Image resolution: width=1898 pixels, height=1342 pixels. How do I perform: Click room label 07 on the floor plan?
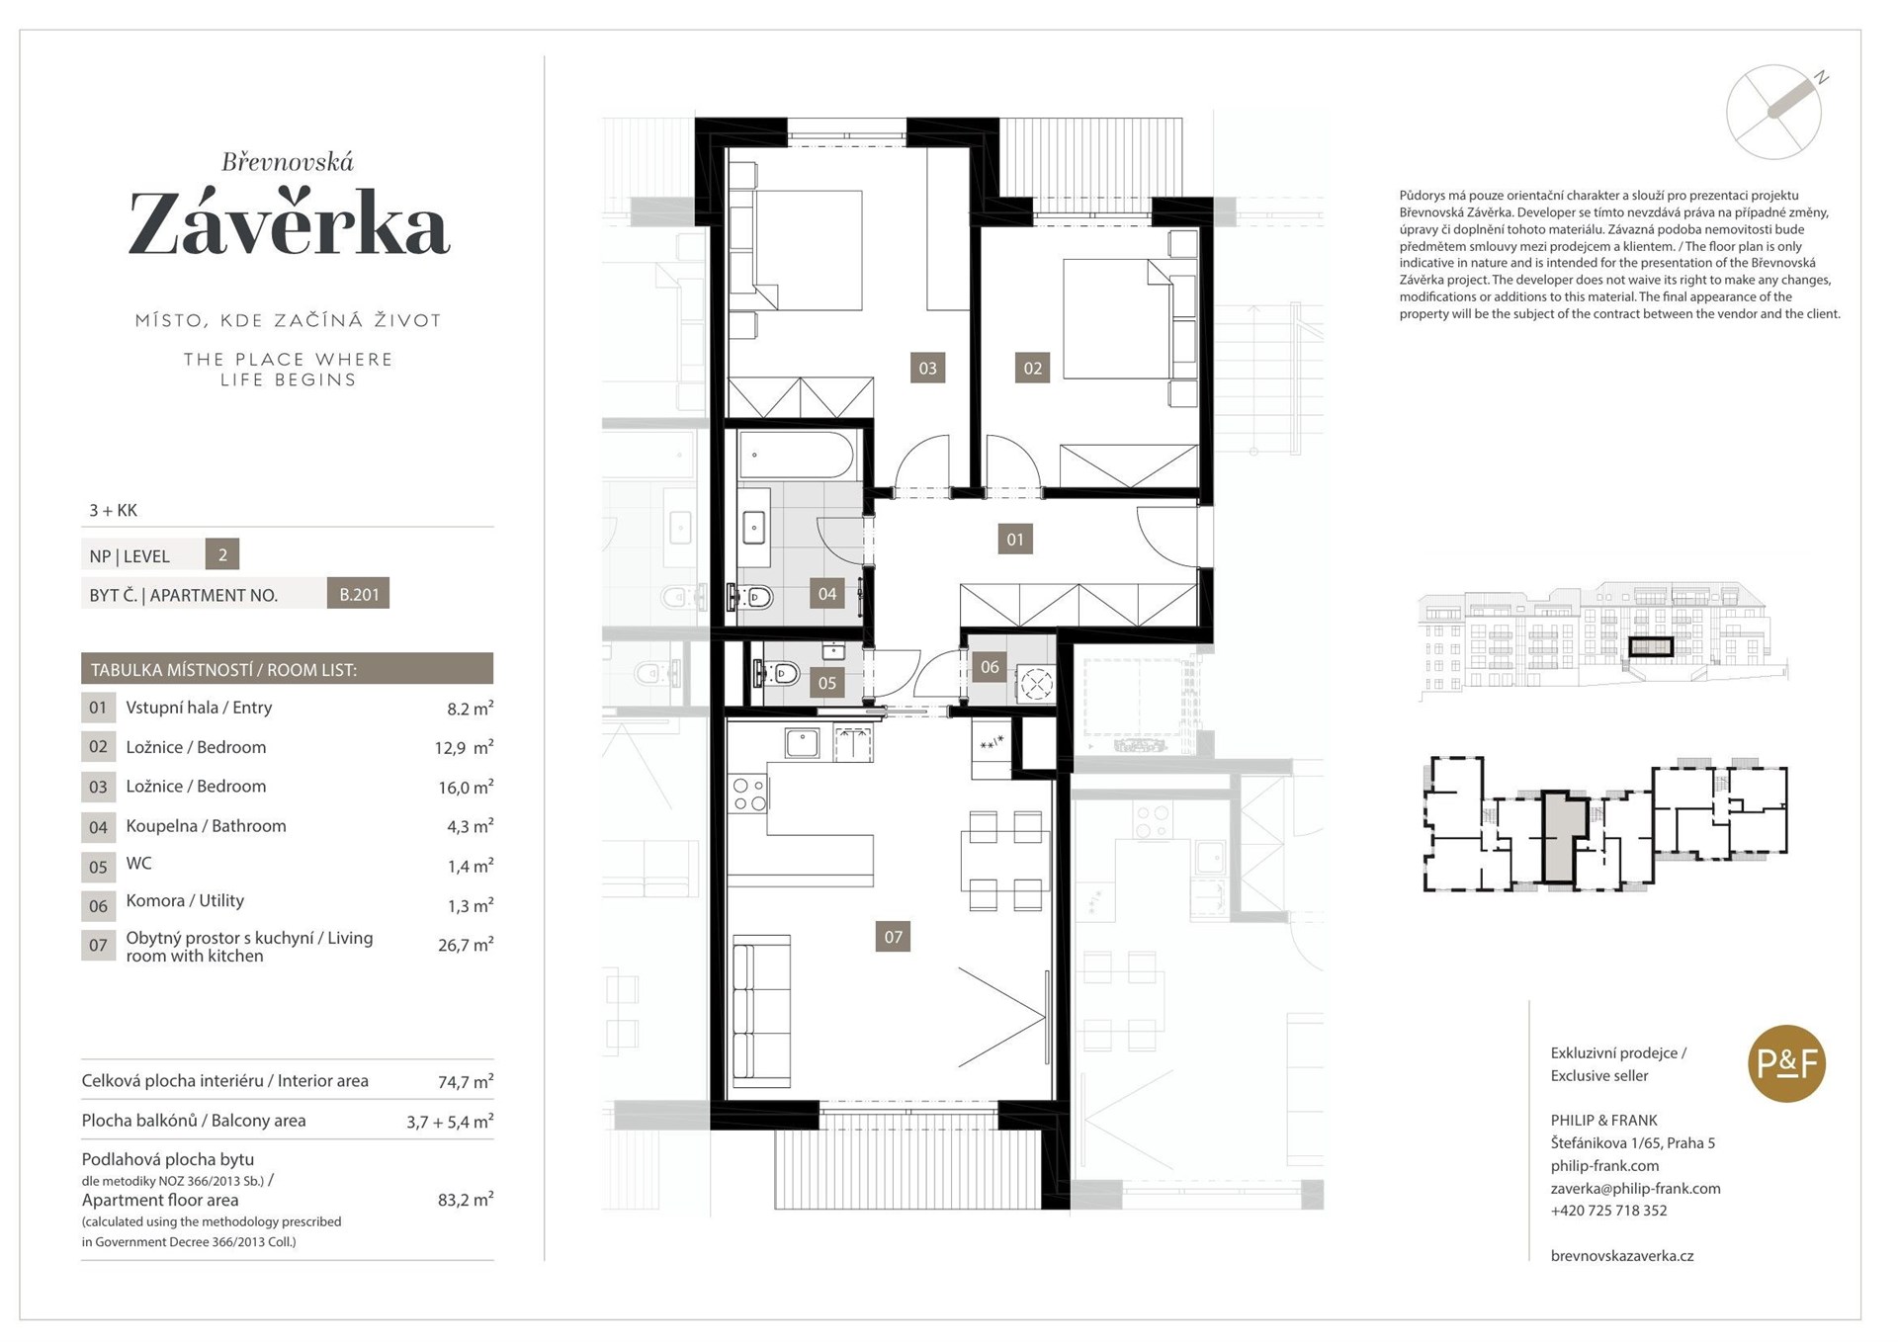(893, 936)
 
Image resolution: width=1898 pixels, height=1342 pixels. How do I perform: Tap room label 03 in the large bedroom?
(927, 368)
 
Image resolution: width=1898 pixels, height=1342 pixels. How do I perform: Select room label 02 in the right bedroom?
(1032, 368)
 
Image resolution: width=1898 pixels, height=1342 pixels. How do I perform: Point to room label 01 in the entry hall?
(1015, 539)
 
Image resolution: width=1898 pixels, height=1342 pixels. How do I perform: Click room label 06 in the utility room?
(990, 666)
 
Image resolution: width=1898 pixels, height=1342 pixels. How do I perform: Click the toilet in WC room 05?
(775, 674)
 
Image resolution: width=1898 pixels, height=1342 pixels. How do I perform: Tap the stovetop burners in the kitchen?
(748, 795)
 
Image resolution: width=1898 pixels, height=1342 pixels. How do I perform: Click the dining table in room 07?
(1004, 861)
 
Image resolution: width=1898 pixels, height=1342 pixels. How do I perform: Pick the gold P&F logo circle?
(1786, 1063)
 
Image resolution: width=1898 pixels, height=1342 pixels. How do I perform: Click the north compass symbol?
(1775, 111)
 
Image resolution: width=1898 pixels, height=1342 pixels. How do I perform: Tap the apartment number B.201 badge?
(358, 593)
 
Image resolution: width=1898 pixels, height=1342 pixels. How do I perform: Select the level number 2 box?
(222, 554)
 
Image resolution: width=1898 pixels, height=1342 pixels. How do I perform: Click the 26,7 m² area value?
(466, 945)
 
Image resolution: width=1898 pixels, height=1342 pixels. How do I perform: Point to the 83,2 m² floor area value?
(466, 1200)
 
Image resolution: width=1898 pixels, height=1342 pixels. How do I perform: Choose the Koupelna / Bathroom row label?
(206, 825)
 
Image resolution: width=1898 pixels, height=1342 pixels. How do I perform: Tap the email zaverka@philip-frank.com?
(1635, 1188)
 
